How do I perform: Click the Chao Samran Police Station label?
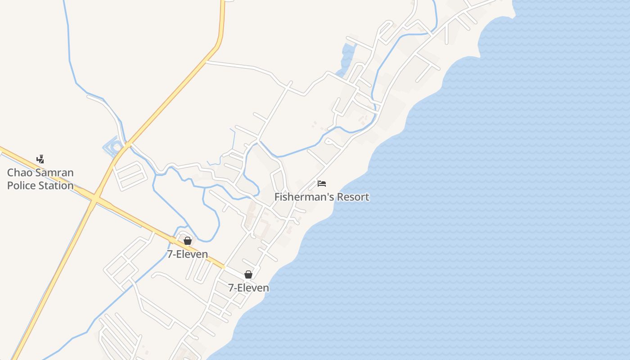40,179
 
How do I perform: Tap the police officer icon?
40,159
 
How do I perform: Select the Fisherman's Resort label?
322,197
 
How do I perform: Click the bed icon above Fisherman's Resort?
321,184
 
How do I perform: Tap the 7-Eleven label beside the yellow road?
188,254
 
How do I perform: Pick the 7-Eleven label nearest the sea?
248,288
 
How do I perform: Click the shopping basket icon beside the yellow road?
188,241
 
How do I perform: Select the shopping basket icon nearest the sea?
248,274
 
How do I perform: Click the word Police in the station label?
22,185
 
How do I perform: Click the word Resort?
354,197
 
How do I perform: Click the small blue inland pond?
347,56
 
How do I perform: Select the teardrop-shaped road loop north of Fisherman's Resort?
329,142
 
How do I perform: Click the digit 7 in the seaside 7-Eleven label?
231,288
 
